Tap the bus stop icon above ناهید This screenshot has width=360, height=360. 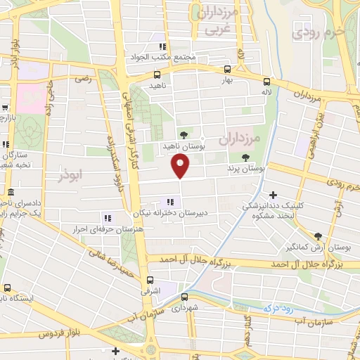point(156,75)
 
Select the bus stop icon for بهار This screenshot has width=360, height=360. point(227,70)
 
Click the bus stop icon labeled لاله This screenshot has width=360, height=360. point(266,82)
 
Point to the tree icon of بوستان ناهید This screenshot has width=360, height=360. point(184,134)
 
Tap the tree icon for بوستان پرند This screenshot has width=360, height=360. point(245,157)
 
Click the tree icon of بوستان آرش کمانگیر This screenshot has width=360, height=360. point(318,236)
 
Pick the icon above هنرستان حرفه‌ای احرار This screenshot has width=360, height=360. point(108,218)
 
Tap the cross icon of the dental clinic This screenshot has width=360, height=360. point(274,195)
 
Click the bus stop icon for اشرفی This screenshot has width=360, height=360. point(150,278)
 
